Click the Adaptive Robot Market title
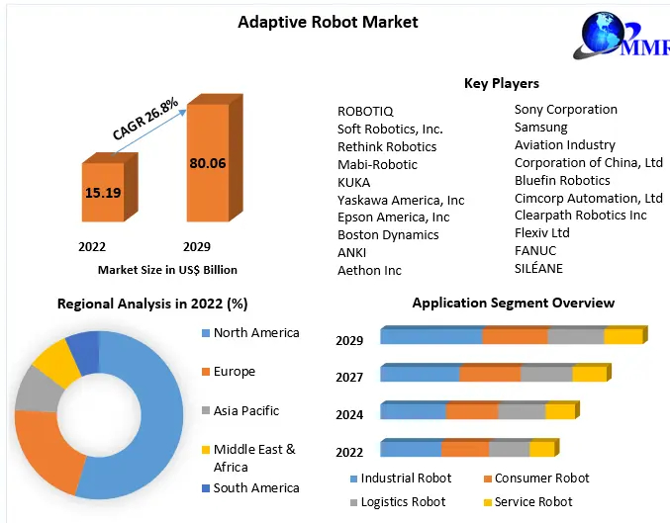(328, 22)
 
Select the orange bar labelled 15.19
(103, 192)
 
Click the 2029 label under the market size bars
(196, 246)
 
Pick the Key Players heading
(501, 83)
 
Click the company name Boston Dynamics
(388, 235)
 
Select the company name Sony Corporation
(565, 110)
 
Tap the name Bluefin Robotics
(562, 181)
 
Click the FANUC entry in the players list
(535, 251)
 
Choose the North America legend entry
(255, 333)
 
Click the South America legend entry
(255, 488)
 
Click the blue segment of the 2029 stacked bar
(431, 336)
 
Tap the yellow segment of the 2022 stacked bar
(541, 450)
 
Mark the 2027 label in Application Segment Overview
(349, 378)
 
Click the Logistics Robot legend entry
(403, 502)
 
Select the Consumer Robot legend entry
(541, 479)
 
